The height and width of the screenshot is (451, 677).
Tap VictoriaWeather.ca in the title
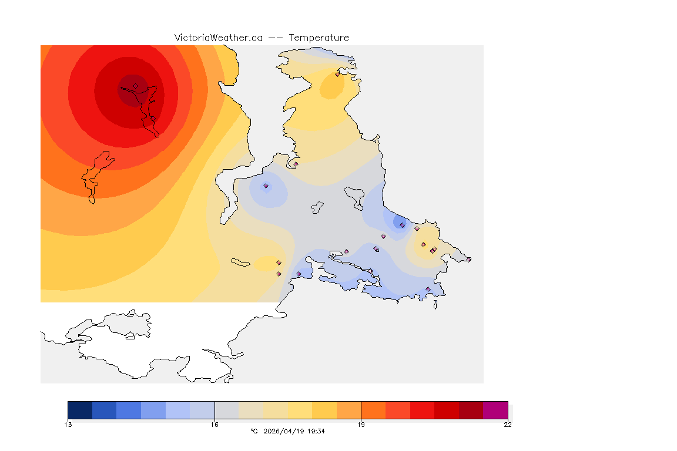pyautogui.click(x=218, y=38)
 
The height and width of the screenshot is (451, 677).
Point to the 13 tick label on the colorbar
pyautogui.click(x=68, y=425)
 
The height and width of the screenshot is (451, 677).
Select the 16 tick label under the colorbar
pyautogui.click(x=215, y=425)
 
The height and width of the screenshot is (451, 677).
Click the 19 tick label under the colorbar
pyautogui.click(x=361, y=425)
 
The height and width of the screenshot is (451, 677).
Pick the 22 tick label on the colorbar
pyautogui.click(x=507, y=425)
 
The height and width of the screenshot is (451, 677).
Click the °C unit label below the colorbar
pyautogui.click(x=254, y=431)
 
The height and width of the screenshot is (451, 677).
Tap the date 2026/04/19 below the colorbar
pyautogui.click(x=285, y=431)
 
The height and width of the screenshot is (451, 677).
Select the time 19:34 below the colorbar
pyautogui.click(x=316, y=431)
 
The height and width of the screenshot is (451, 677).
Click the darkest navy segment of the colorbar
pyautogui.click(x=80, y=410)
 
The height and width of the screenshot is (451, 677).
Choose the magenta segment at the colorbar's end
pyautogui.click(x=495, y=410)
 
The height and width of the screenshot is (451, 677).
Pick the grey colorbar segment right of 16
pyautogui.click(x=226, y=410)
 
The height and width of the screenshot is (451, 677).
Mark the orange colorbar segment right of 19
pyautogui.click(x=373, y=410)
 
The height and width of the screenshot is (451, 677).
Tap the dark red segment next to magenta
pyautogui.click(x=471, y=410)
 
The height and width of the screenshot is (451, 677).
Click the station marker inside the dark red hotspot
pyautogui.click(x=135, y=86)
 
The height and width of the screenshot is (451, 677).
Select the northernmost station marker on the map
pyautogui.click(x=337, y=74)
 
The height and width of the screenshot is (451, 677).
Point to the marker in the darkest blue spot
pyautogui.click(x=402, y=225)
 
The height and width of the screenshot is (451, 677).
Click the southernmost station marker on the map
pyautogui.click(x=428, y=289)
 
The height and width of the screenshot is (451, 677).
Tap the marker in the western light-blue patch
pyautogui.click(x=266, y=186)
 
